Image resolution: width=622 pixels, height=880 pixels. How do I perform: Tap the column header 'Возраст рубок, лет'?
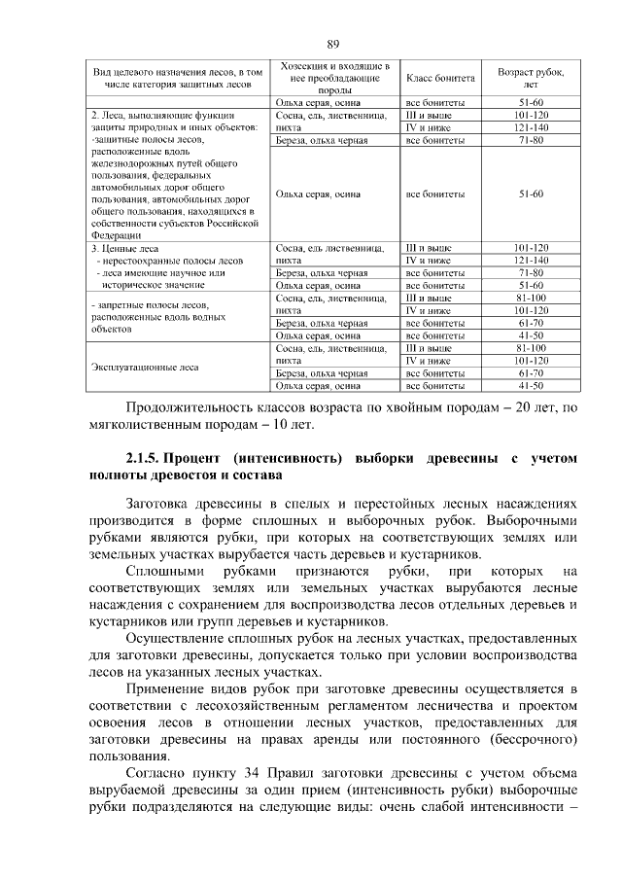(x=530, y=77)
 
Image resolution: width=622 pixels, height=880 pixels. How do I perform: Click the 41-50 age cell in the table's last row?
(x=531, y=386)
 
